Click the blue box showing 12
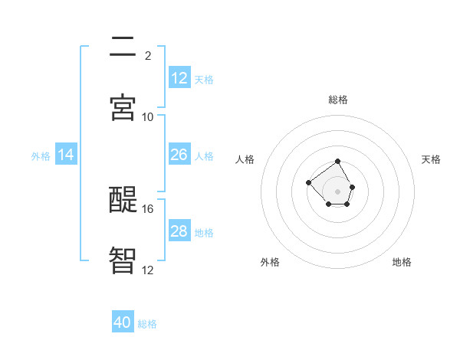[179, 77]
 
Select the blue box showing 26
[179, 155]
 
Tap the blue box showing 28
[179, 231]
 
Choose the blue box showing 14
[66, 155]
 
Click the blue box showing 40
[123, 322]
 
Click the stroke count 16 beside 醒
[148, 208]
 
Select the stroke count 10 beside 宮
[148, 116]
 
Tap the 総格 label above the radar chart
[338, 100]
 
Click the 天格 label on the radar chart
[431, 159]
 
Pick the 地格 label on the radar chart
[402, 262]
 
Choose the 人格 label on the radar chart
[245, 159]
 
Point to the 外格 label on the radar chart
[270, 262]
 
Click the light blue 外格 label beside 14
[41, 155]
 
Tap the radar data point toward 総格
[338, 162]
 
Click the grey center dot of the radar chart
[338, 191]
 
